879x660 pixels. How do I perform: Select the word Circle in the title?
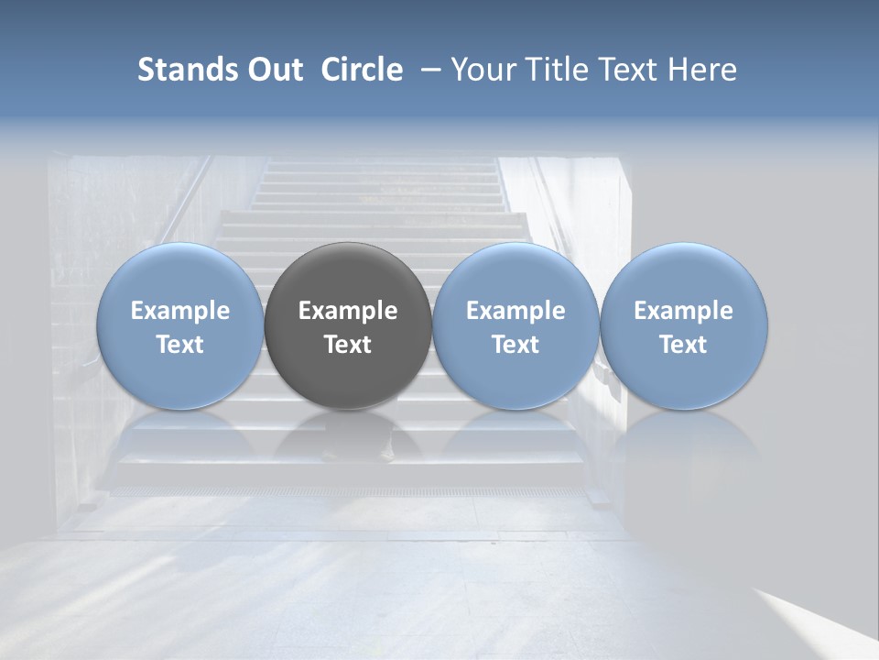362,70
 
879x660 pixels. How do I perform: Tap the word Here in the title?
702,70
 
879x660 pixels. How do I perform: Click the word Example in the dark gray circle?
348,311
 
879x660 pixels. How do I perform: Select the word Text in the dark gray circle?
348,345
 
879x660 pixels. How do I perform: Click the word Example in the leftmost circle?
180,311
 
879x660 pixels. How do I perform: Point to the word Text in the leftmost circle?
180,345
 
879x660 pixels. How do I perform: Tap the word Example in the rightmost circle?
684,311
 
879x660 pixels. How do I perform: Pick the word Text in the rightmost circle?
684,345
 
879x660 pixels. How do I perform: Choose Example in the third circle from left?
515,311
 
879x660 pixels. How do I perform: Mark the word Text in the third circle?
515,345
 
